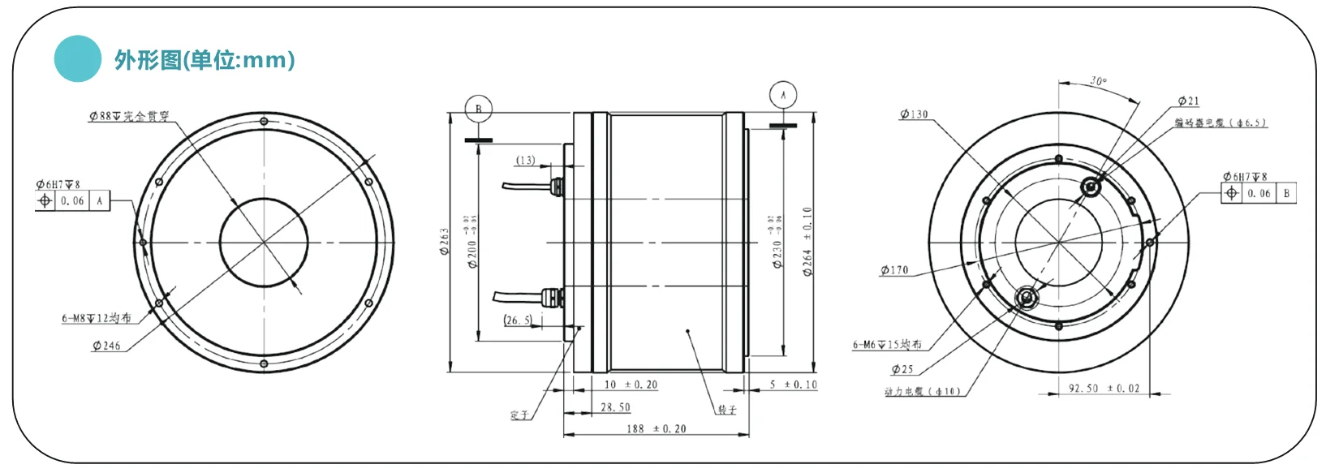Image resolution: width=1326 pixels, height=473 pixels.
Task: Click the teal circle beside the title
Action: (78, 58)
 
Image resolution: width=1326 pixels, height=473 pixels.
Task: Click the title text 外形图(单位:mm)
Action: (204, 59)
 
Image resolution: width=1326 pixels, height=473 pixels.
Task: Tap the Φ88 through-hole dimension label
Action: (129, 116)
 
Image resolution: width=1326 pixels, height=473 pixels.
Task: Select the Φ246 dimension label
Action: (106, 346)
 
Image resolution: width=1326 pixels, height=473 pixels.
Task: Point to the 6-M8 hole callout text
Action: (96, 318)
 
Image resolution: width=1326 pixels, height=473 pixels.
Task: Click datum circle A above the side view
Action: (782, 95)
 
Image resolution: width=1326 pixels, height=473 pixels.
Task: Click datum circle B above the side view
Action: (478, 109)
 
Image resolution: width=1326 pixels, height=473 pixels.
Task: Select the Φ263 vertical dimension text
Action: (445, 242)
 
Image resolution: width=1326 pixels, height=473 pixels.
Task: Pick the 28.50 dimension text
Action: (615, 407)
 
